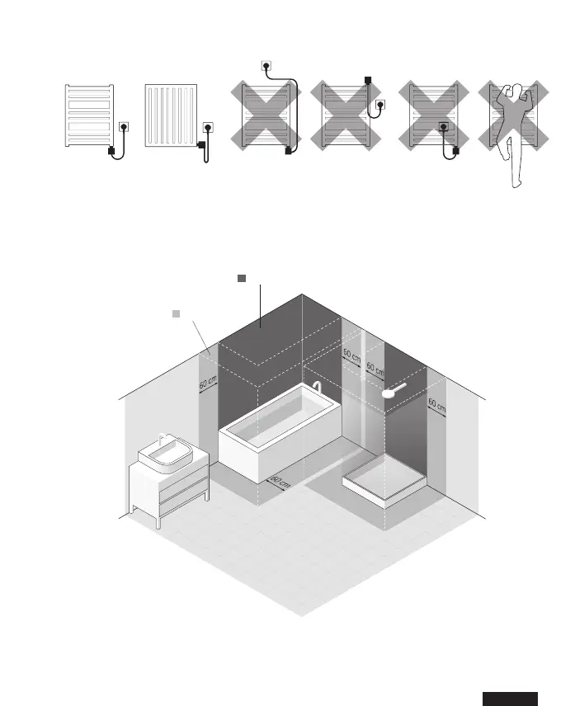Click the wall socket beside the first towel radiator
tap(125, 128)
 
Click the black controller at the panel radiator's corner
tap(201, 147)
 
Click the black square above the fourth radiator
tap(369, 79)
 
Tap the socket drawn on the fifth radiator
tap(444, 128)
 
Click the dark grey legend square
tap(242, 279)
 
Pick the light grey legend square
tap(175, 313)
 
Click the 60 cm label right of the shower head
tap(436, 406)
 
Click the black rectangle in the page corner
tap(510, 698)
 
